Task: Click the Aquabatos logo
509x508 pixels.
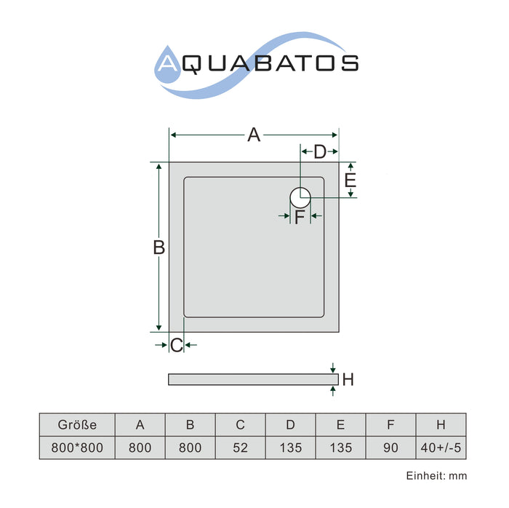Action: coord(257,65)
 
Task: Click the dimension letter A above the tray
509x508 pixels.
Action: coord(254,135)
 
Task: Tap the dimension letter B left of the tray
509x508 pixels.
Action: coord(159,247)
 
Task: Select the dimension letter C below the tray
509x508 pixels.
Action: coord(177,345)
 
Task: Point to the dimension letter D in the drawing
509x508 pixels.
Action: coord(320,151)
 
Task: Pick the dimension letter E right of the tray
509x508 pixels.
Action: coord(350,180)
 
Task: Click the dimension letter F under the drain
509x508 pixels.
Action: coord(300,217)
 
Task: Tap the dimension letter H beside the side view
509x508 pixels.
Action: coord(348,379)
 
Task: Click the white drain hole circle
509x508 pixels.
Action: coord(300,197)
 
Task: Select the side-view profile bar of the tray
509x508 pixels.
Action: coord(253,379)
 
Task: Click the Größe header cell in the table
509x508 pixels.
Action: coord(77,425)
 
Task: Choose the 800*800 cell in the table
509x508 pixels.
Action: coord(77,448)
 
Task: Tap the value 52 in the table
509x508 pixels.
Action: coord(240,448)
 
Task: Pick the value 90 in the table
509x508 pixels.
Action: coord(390,448)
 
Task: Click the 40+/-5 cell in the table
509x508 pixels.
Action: coord(441,448)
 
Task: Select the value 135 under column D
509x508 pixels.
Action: coord(291,448)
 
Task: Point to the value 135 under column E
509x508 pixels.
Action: coord(341,448)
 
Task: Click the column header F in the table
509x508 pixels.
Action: coord(390,425)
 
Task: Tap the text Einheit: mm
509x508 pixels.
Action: coord(436,476)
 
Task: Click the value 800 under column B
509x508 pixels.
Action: coord(191,448)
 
